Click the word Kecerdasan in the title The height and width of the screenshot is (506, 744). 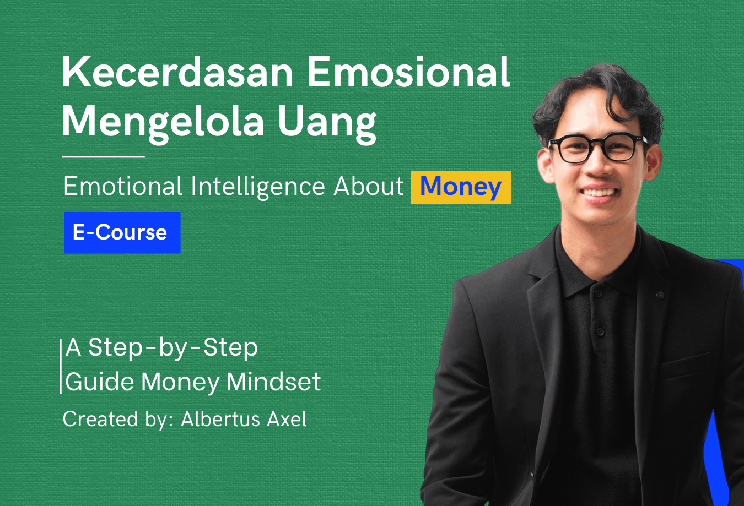pyautogui.click(x=177, y=72)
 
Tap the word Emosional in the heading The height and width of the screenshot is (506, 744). pyautogui.click(x=408, y=72)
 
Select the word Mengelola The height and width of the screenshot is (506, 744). pyautogui.click(x=163, y=123)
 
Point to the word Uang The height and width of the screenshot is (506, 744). pyautogui.click(x=327, y=123)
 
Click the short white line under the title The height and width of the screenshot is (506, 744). pyautogui.click(x=103, y=156)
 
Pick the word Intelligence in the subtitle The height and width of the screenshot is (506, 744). pyautogui.click(x=257, y=187)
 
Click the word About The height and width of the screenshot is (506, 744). pyautogui.click(x=368, y=186)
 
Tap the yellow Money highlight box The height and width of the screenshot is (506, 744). pyautogui.click(x=461, y=187)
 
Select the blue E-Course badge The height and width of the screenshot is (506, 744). pyautogui.click(x=122, y=232)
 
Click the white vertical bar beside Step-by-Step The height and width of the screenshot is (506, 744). pyautogui.click(x=61, y=366)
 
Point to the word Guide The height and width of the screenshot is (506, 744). pyautogui.click(x=99, y=382)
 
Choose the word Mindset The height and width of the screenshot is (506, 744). pyautogui.click(x=273, y=382)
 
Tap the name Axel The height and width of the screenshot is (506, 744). pyautogui.click(x=287, y=419)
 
